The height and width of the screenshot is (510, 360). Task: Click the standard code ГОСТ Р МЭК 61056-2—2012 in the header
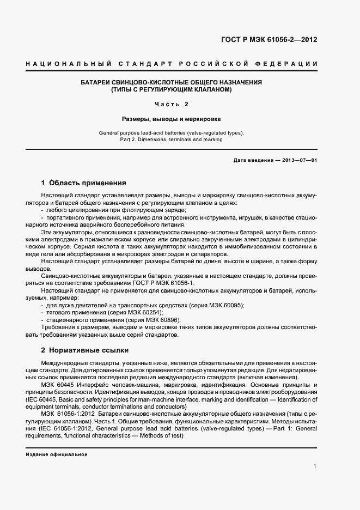click(269, 40)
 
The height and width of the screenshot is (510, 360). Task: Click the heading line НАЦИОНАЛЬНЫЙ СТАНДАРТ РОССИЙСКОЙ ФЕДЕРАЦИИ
click(172, 64)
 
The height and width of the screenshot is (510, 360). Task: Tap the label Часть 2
click(172, 104)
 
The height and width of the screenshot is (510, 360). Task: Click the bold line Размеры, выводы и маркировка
click(172, 118)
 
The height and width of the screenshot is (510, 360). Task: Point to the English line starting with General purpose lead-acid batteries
click(172, 132)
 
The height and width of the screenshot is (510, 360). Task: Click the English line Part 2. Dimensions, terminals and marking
click(172, 139)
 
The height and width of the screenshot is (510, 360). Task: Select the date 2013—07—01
click(298, 160)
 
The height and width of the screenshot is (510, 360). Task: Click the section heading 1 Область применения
click(84, 183)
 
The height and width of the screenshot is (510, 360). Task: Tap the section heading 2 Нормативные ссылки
click(84, 349)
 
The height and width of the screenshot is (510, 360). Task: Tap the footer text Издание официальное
click(57, 454)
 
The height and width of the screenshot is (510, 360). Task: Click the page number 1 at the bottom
click(315, 466)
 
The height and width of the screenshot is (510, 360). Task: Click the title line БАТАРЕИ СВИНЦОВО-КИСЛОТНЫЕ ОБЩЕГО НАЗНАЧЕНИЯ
click(172, 82)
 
